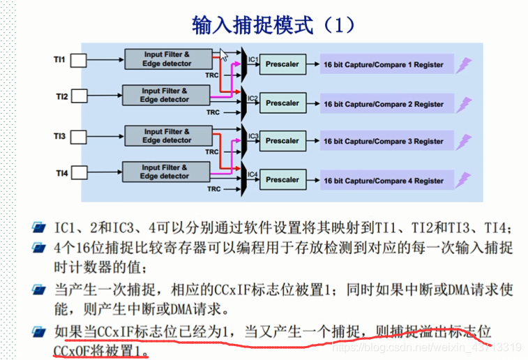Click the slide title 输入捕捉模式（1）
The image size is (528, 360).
[x=273, y=25]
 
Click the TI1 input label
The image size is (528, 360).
[x=59, y=60]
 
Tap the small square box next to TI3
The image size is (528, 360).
[x=78, y=136]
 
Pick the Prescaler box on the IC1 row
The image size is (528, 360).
[x=282, y=64]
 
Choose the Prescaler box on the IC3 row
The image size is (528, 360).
[x=282, y=141]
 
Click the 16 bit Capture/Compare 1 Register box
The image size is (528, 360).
[x=383, y=65]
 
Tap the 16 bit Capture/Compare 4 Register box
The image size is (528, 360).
[x=383, y=181]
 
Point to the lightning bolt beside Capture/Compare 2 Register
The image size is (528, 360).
[x=463, y=104]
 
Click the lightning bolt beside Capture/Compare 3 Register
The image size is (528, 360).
[x=463, y=142]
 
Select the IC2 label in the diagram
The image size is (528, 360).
[x=253, y=98]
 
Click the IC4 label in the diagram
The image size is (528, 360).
[x=253, y=174]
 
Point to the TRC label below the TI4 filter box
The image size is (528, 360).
[x=213, y=188]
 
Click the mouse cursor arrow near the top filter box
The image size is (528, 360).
[x=224, y=54]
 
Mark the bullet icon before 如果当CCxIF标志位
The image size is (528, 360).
[x=41, y=331]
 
